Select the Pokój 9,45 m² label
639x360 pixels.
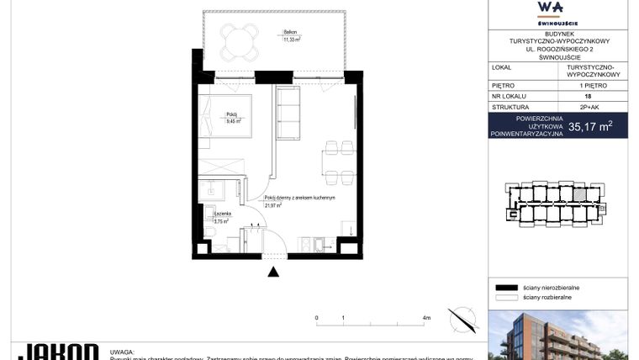233,119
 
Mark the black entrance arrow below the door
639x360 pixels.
272,272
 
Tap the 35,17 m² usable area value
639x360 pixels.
590,128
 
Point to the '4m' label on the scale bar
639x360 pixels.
426,319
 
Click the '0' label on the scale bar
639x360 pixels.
317,319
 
